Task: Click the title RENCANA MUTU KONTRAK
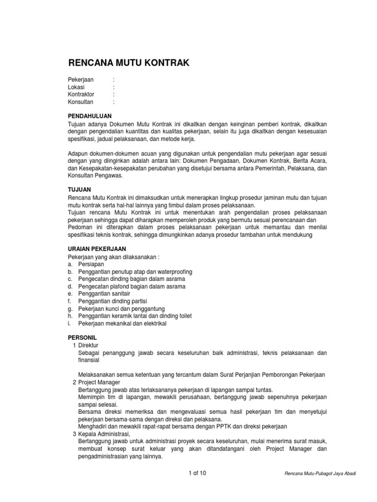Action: pyautogui.click(x=128, y=62)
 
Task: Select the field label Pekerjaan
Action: pyautogui.click(x=81, y=79)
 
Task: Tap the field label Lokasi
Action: pyautogui.click(x=76, y=87)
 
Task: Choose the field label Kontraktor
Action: pyautogui.click(x=81, y=94)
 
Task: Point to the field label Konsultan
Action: pyautogui.click(x=81, y=102)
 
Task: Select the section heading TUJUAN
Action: pyautogui.click(x=79, y=189)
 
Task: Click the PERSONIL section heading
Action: pyautogui.click(x=82, y=338)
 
